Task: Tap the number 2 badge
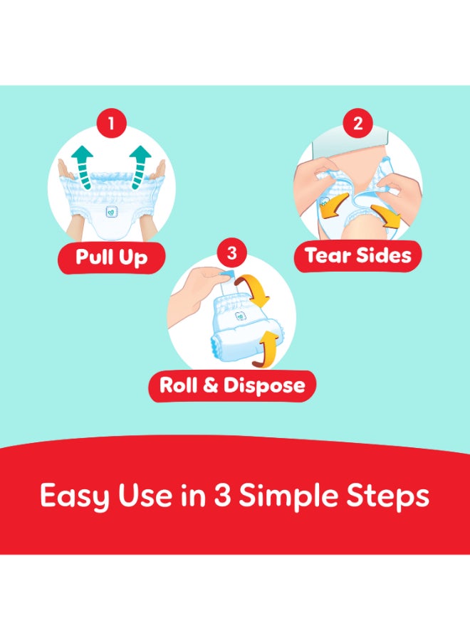click(x=357, y=124)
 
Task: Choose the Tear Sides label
click(x=357, y=255)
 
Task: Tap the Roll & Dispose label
click(x=232, y=386)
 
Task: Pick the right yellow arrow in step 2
click(x=387, y=213)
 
